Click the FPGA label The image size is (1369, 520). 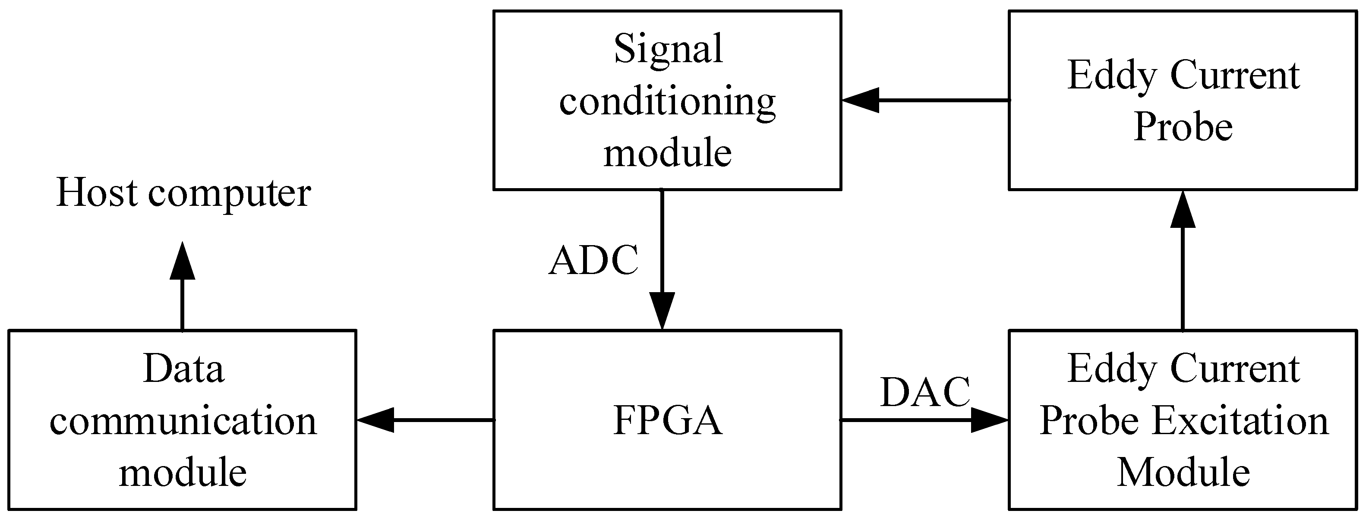[668, 421]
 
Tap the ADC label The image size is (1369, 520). [593, 261]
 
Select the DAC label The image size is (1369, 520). [925, 393]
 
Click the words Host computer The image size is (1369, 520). [183, 193]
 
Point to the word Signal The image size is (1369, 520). [668, 49]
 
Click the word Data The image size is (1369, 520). [183, 369]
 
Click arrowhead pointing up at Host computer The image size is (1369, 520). [182, 262]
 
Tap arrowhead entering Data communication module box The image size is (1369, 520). [375, 420]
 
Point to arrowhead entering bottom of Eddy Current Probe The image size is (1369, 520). [1183, 210]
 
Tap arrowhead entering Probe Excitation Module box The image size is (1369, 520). [990, 420]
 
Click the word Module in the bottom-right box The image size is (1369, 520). [1183, 472]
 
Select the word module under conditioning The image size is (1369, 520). [668, 153]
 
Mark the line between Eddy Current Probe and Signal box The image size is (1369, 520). [943, 100]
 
